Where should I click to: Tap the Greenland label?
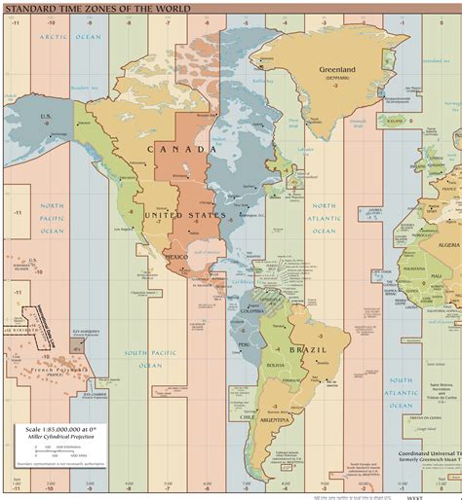tap(341, 69)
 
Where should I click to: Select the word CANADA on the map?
tap(181, 149)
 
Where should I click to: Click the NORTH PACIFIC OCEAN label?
tap(52, 217)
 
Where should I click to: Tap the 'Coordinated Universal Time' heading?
tap(429, 453)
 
